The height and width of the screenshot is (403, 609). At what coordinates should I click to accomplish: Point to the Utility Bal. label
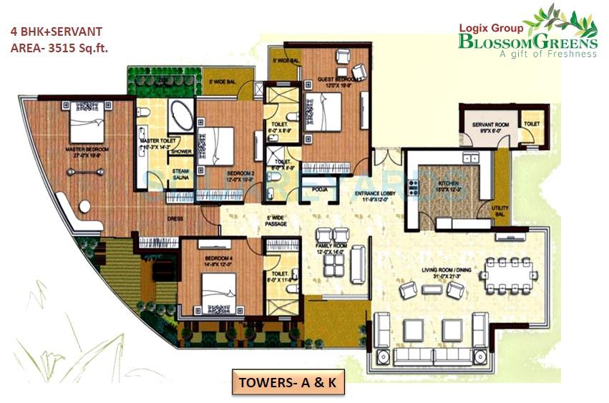coord(500,209)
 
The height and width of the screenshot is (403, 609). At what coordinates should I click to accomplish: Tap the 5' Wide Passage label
coord(276,220)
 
